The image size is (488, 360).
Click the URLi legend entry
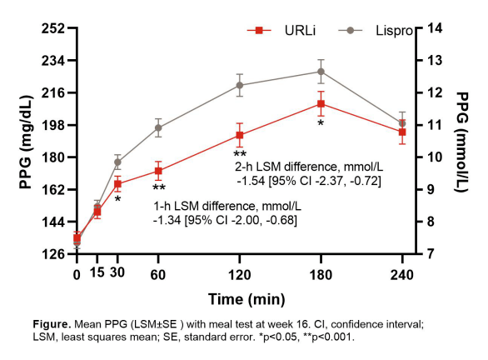coord(281,31)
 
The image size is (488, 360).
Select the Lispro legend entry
coord(376,31)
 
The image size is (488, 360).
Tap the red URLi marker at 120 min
coord(240,135)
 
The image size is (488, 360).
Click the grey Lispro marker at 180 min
coord(321,72)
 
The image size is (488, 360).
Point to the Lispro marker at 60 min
coord(158,127)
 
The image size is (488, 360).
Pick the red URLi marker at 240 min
coord(402,132)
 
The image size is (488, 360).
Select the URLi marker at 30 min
coord(117,184)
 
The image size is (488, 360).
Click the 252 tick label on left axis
coord(53,28)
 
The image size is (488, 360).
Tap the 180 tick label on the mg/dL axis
coord(53,157)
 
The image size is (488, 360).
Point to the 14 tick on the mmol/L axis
coord(435,28)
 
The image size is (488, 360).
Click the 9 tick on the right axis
coord(431,189)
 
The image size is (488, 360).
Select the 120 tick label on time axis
coord(240,275)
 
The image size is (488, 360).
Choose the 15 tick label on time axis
coord(97,272)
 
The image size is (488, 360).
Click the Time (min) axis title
coord(246,299)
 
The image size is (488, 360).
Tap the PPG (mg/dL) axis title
coord(26,142)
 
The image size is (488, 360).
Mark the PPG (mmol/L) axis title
coord(462,142)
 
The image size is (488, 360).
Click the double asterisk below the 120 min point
coord(240,154)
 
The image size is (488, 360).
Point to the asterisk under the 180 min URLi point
coord(321,123)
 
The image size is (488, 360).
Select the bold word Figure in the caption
coord(52,324)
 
